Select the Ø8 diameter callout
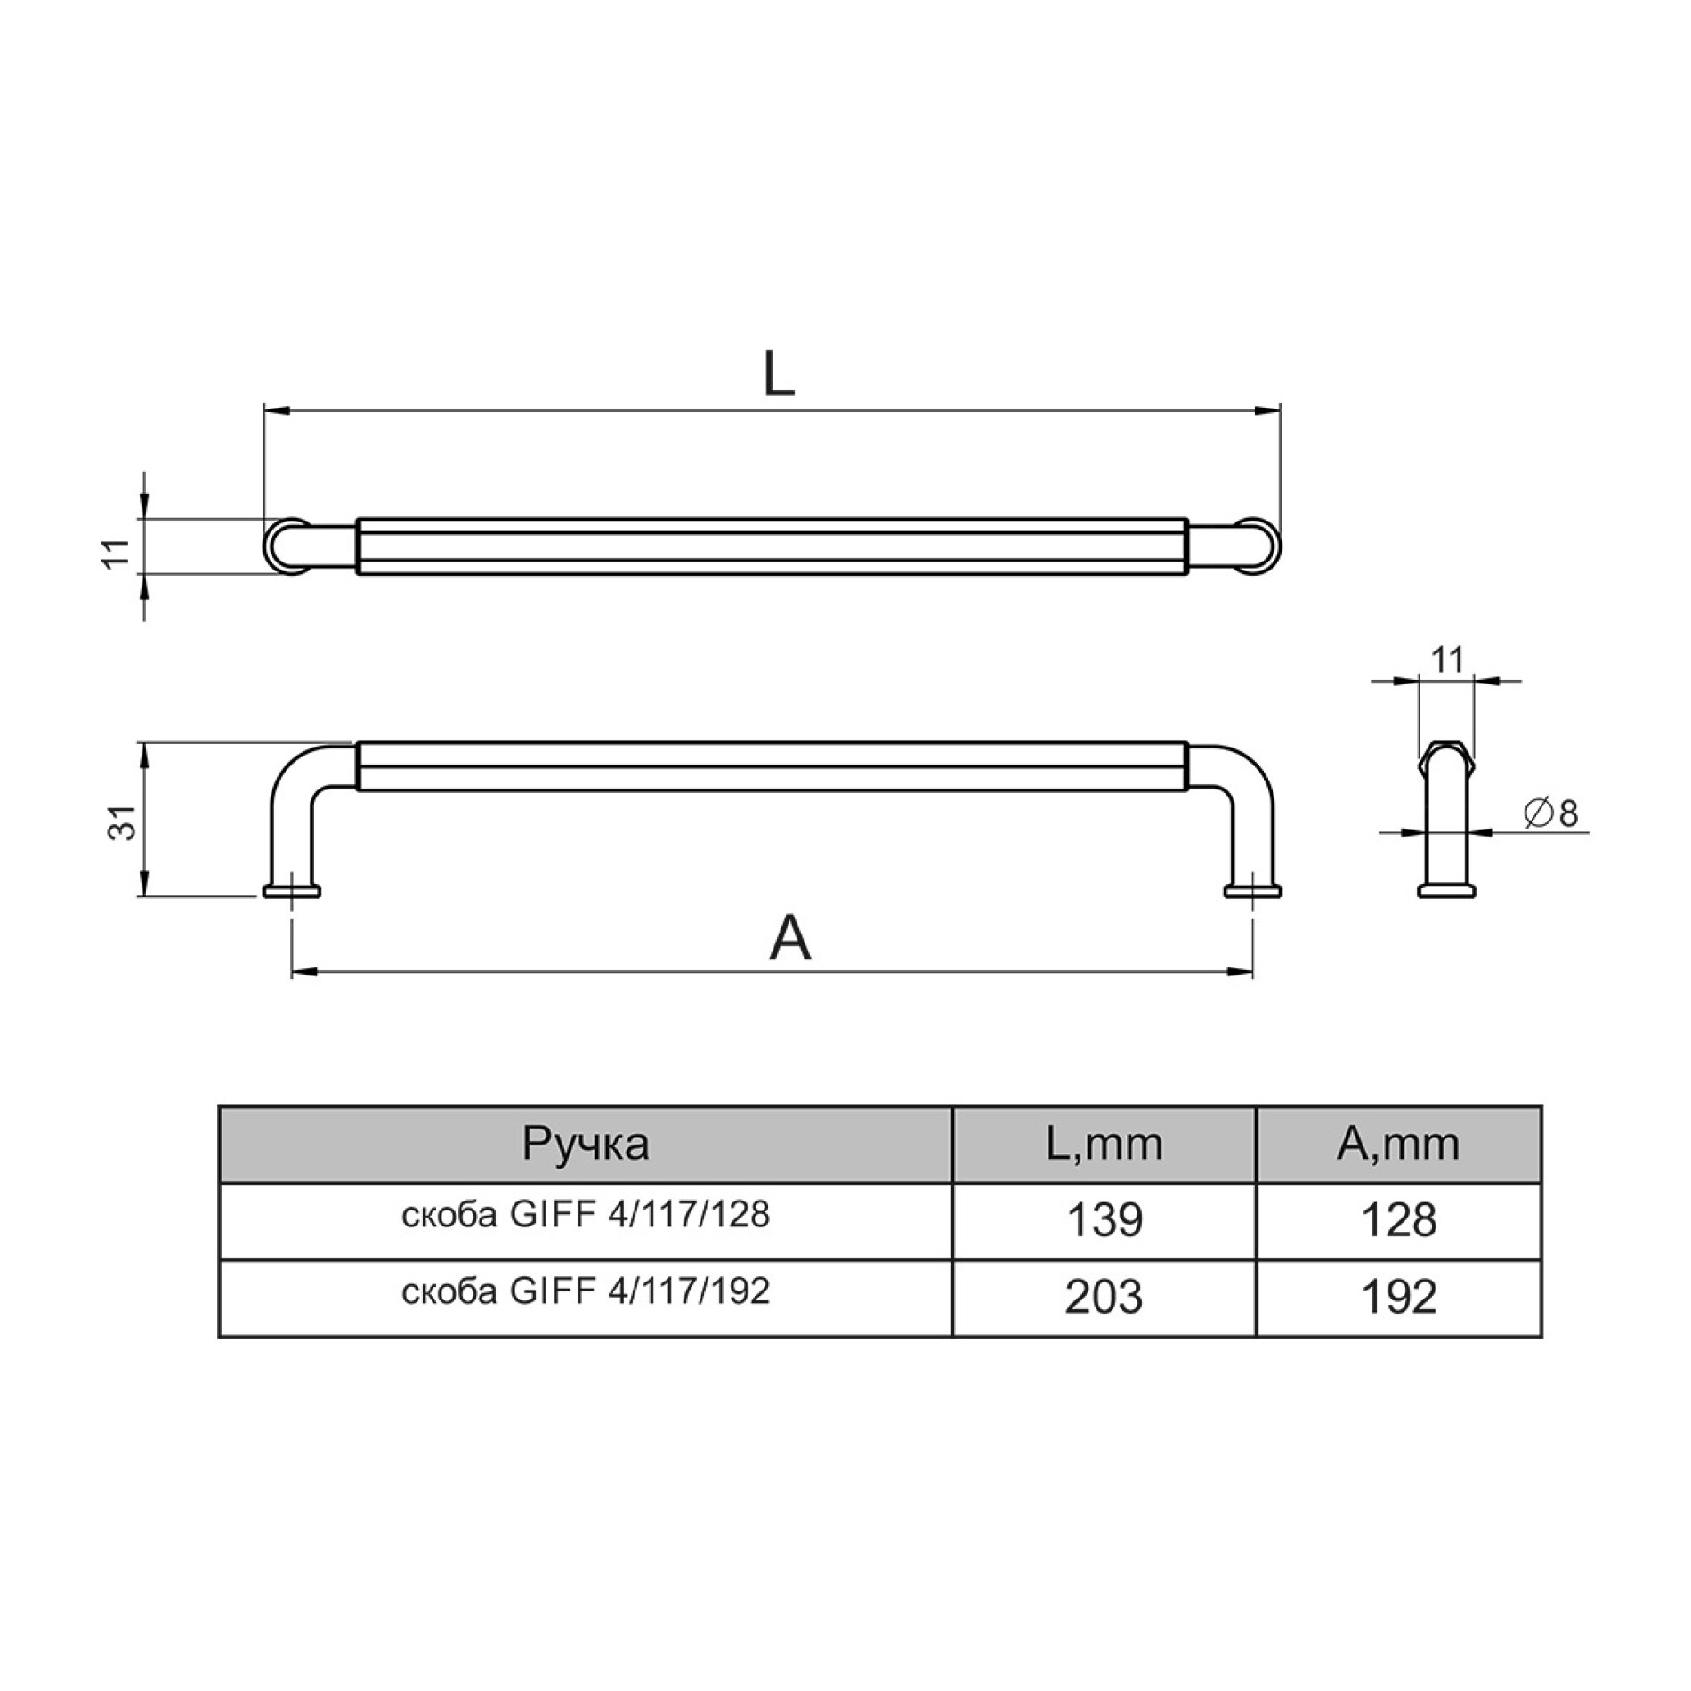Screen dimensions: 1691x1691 [x=1550, y=813]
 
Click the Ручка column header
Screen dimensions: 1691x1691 [x=586, y=1144]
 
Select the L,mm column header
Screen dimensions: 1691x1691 [x=1104, y=1145]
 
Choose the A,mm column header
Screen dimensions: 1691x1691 [x=1398, y=1145]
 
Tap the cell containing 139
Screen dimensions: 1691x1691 [x=1104, y=1220]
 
